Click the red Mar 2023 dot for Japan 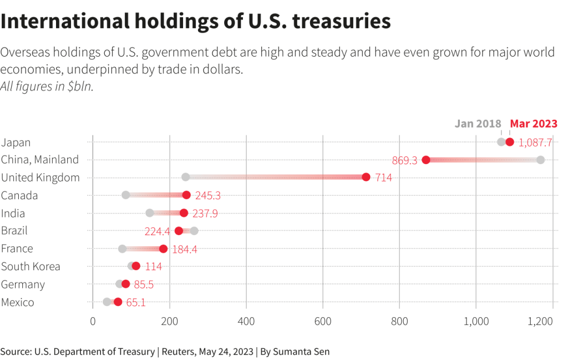[x=510, y=142]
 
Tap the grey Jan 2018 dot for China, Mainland [x=540, y=160]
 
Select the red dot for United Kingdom [x=366, y=177]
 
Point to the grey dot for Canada [x=126, y=195]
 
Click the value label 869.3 [x=404, y=160]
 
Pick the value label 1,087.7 [x=535, y=143]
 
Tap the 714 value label [x=383, y=178]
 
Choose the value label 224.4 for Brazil [x=157, y=231]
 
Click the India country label [x=13, y=214]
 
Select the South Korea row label [x=31, y=266]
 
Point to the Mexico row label [x=18, y=302]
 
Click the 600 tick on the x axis [x=322, y=321]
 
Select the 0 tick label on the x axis [x=93, y=321]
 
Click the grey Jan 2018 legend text [x=478, y=124]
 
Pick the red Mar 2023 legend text [x=534, y=124]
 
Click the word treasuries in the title [x=341, y=21]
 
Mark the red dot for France [x=163, y=249]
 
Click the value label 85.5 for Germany [x=144, y=285]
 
